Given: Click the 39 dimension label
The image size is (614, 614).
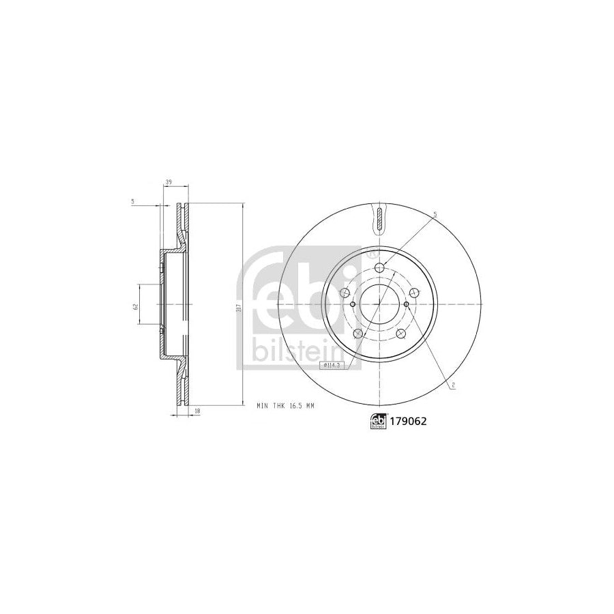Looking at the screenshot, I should click(x=168, y=182).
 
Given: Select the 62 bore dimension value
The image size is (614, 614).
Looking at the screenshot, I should click(x=136, y=305).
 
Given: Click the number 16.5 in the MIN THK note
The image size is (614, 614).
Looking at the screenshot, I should click(x=293, y=405).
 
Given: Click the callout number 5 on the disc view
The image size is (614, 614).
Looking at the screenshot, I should click(x=435, y=215).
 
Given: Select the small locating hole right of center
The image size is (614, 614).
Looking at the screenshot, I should click(x=407, y=304).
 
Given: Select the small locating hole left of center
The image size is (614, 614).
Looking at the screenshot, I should click(x=352, y=304).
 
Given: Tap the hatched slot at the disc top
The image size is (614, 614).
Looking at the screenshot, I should click(x=379, y=218).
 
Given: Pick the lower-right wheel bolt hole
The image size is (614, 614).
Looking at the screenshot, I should click(x=402, y=334).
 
